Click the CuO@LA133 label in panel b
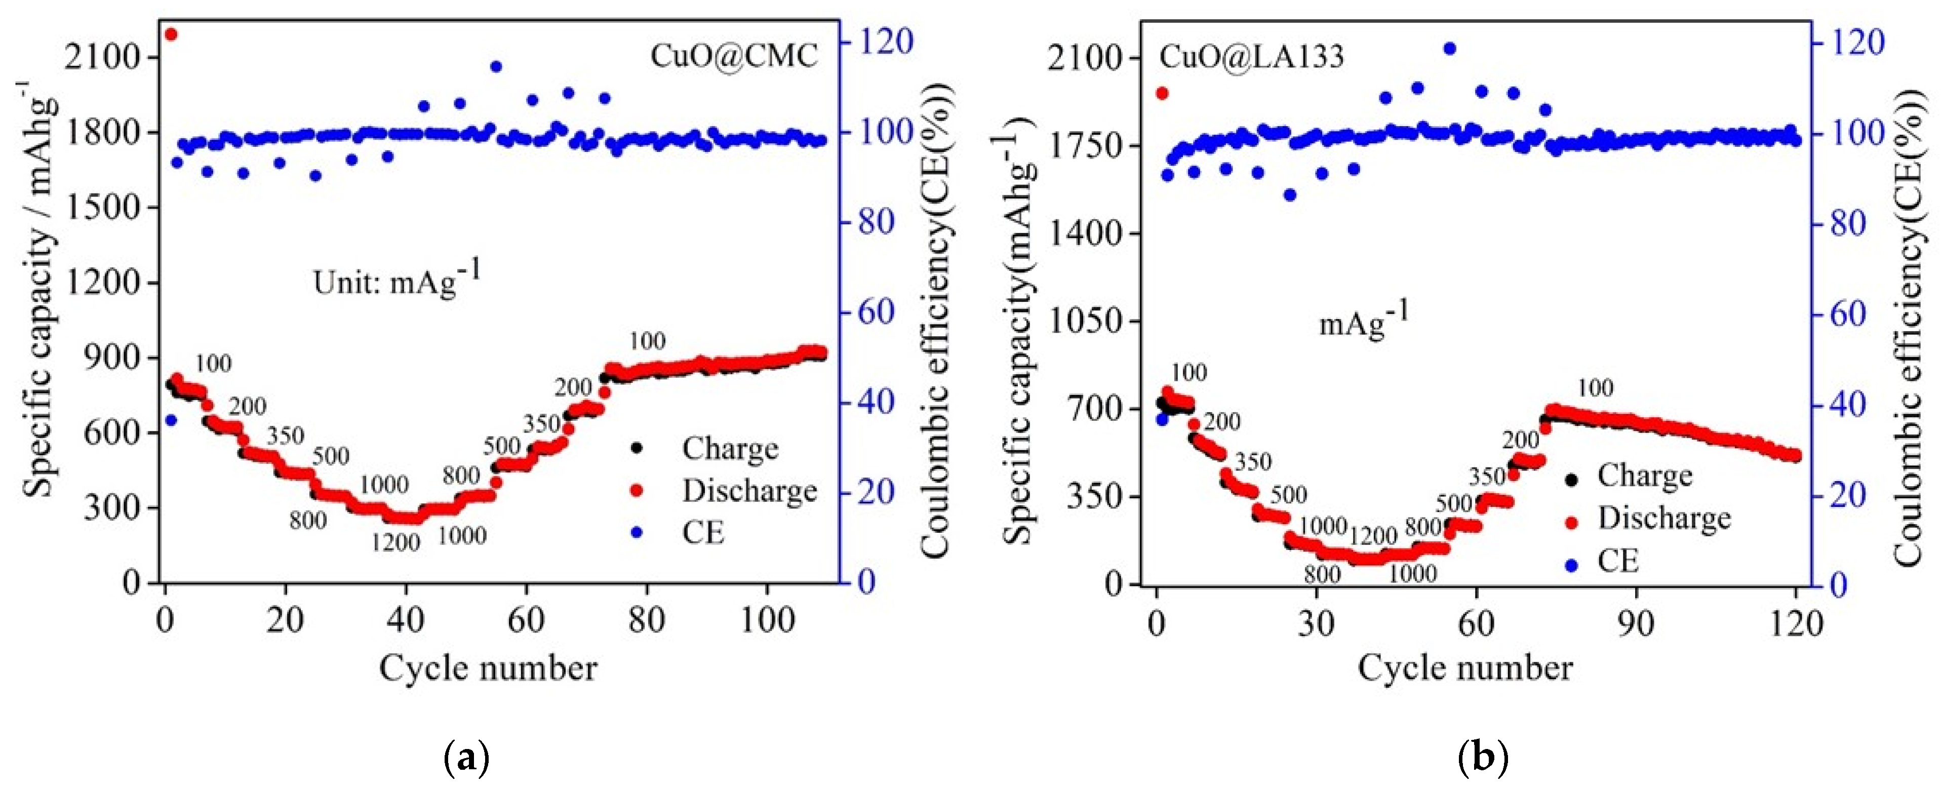1251,57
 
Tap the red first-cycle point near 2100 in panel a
171,34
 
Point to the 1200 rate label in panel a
395,542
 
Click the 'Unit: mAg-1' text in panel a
396,281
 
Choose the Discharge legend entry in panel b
1663,519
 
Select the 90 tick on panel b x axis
1635,623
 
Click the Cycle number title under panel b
1465,668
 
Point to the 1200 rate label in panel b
1373,536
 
